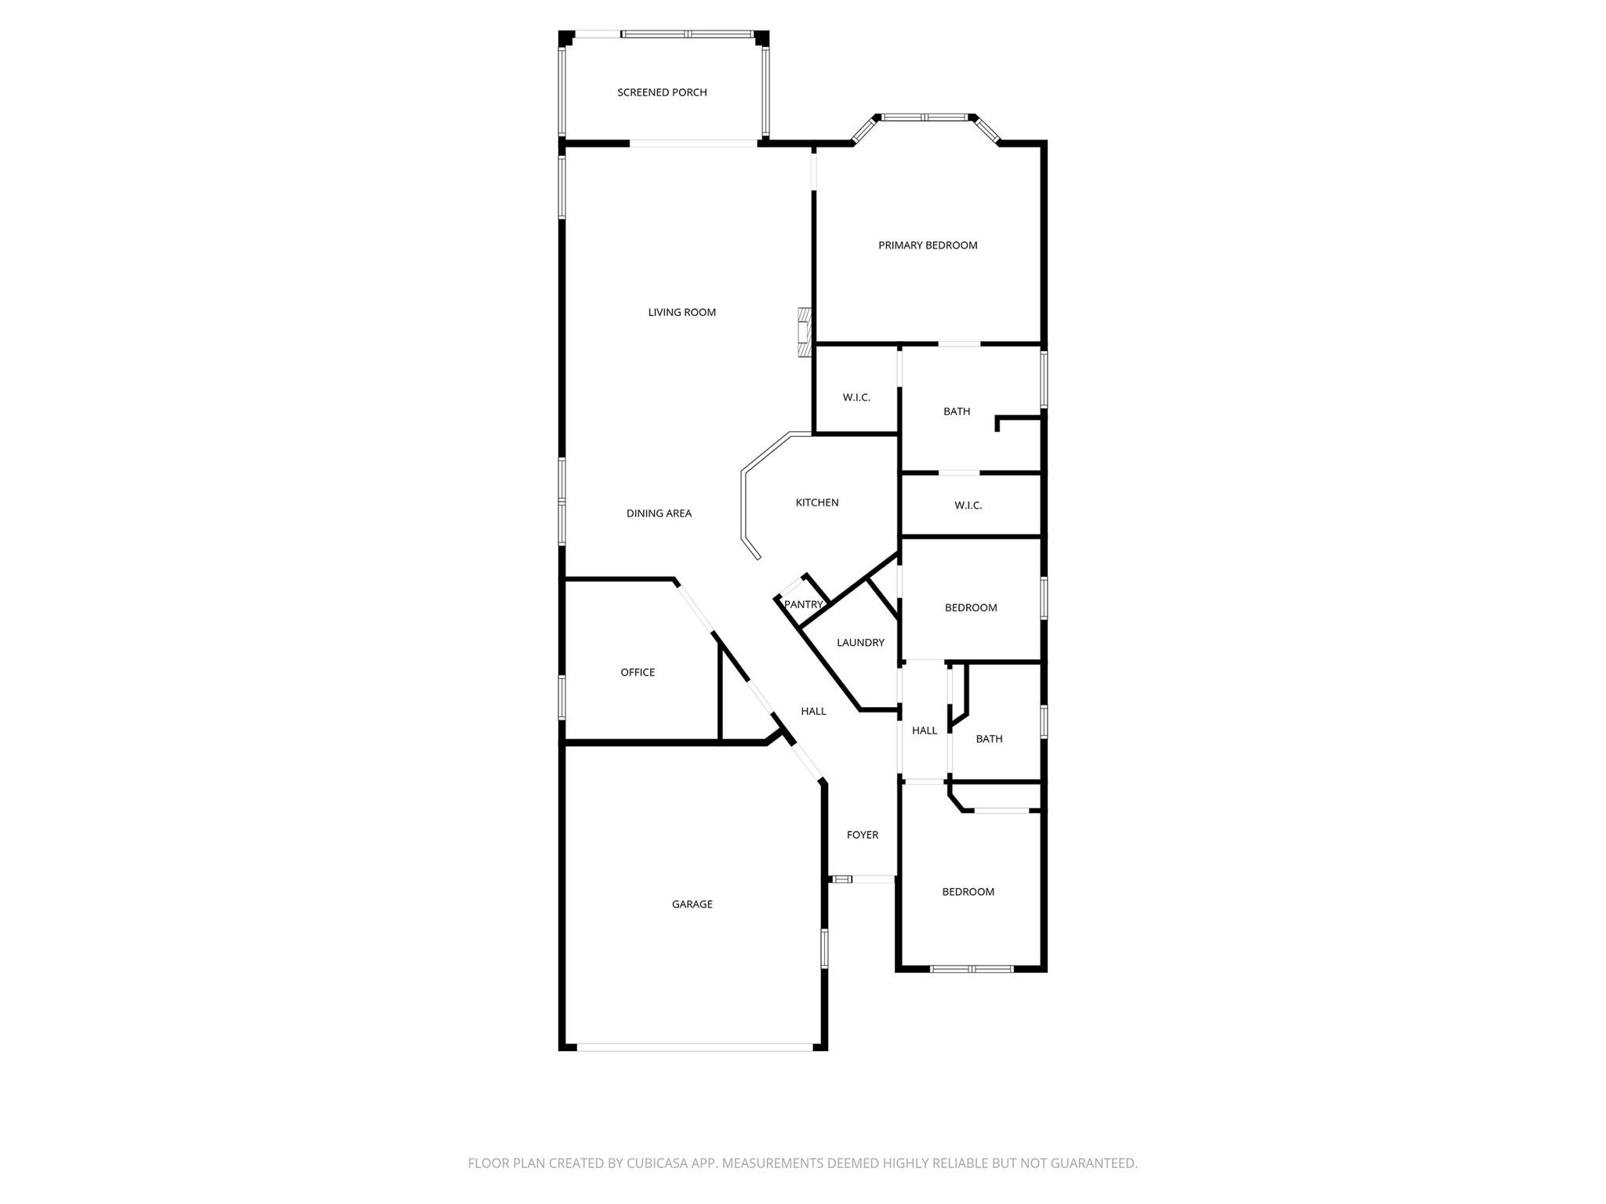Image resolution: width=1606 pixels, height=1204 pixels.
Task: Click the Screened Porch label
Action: pyautogui.click(x=662, y=92)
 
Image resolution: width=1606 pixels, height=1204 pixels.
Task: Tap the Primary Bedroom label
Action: pyautogui.click(x=928, y=245)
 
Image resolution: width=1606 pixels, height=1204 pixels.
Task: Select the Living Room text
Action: pyautogui.click(x=681, y=312)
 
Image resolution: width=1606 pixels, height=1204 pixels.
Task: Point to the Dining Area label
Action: pyautogui.click(x=659, y=513)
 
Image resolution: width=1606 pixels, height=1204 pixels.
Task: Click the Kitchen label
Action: pyautogui.click(x=817, y=502)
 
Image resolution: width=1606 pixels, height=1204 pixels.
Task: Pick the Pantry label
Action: pyautogui.click(x=803, y=604)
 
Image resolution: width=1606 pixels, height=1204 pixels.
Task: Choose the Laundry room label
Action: pyautogui.click(x=860, y=643)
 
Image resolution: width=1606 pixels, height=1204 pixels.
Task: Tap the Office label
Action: pyautogui.click(x=638, y=673)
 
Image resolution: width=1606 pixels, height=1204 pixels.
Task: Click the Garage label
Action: pyautogui.click(x=692, y=905)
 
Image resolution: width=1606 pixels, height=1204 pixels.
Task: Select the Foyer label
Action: pyautogui.click(x=862, y=835)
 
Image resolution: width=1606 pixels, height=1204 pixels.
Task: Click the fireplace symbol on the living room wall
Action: pyautogui.click(x=804, y=332)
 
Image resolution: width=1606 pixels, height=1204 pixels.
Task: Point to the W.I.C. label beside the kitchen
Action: pyautogui.click(x=856, y=397)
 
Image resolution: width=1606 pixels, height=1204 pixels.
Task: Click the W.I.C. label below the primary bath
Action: pyautogui.click(x=968, y=506)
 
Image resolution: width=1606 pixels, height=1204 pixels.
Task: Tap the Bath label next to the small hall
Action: pyautogui.click(x=989, y=739)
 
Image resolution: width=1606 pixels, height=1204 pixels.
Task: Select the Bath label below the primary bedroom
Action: pyautogui.click(x=956, y=412)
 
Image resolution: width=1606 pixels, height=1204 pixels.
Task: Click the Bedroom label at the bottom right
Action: pyautogui.click(x=968, y=892)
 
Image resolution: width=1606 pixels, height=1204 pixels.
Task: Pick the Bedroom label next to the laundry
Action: pyautogui.click(x=971, y=607)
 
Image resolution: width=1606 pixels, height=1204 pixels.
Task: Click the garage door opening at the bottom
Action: pyautogui.click(x=695, y=1046)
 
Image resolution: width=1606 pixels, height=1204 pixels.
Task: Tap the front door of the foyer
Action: pyautogui.click(x=863, y=879)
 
